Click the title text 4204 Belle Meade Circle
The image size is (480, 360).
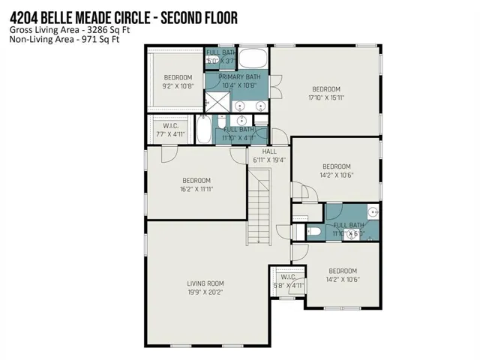tap(80, 18)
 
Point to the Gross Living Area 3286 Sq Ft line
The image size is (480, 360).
tap(70, 30)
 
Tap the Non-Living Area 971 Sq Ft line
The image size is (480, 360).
tap(64, 39)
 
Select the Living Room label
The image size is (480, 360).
tap(205, 288)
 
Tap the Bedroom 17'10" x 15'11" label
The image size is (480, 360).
tap(326, 93)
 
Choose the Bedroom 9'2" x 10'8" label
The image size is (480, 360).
tap(178, 82)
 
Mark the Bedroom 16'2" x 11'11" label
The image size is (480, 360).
tap(196, 185)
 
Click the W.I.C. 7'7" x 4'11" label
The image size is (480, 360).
tap(170, 130)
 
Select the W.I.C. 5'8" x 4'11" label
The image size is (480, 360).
tap(288, 281)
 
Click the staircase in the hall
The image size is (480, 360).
tap(259, 207)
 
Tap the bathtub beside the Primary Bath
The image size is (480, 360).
tap(252, 58)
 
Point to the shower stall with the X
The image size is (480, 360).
tap(217, 102)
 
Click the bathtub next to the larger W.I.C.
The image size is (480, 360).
tap(203, 129)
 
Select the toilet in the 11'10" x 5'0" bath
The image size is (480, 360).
tap(313, 232)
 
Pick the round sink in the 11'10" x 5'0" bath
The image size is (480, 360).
tap(373, 211)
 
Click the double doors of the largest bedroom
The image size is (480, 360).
tap(275, 87)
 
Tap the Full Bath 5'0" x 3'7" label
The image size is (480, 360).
tap(221, 57)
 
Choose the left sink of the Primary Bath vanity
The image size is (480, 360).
tap(240, 106)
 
